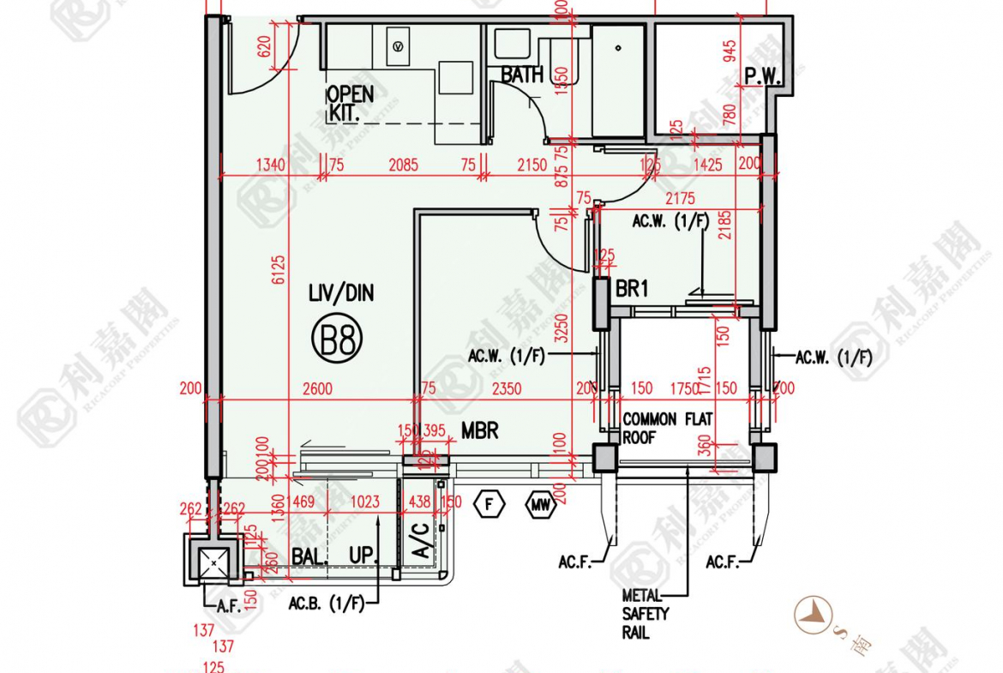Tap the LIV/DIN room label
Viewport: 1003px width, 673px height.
[341, 294]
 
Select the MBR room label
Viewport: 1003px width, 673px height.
[480, 430]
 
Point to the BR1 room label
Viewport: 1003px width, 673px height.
[632, 289]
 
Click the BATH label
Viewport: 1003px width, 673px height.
[522, 75]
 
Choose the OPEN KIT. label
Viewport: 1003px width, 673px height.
[350, 102]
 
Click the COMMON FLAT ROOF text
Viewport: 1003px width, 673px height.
[666, 428]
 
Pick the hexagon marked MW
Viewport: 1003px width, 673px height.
[540, 505]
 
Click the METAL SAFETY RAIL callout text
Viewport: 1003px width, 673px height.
[646, 614]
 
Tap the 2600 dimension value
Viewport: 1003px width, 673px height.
[317, 389]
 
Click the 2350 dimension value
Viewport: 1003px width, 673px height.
[506, 389]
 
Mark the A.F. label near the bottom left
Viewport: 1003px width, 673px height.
[227, 605]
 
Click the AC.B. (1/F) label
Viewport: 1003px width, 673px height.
[326, 603]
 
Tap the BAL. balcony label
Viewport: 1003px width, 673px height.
[309, 556]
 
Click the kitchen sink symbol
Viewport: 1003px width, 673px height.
[398, 44]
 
